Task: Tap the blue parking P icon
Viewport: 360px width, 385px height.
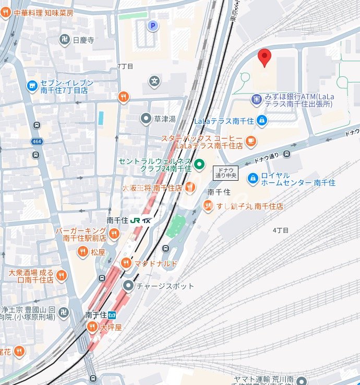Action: (152, 25)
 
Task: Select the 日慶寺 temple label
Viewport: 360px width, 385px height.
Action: (83, 40)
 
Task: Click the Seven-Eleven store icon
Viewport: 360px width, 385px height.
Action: (32, 85)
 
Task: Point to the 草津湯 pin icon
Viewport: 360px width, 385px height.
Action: (146, 119)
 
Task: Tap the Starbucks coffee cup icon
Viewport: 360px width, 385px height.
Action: (251, 141)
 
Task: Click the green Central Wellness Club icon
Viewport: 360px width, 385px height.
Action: (199, 166)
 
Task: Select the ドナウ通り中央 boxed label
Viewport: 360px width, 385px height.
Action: (225, 173)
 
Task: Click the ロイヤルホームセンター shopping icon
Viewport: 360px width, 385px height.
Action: (253, 179)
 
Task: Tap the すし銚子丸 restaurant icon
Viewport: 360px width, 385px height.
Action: (208, 206)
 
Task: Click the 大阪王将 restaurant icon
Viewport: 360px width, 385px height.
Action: (190, 187)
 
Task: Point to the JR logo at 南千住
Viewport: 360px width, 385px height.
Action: (135, 220)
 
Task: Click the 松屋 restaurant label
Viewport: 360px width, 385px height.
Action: (98, 252)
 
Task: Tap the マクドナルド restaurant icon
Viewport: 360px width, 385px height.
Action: (126, 263)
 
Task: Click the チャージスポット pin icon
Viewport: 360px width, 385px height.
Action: (128, 286)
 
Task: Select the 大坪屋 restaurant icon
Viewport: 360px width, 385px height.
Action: (92, 327)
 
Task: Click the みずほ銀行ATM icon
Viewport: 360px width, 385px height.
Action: (256, 99)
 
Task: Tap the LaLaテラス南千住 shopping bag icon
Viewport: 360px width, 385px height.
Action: (261, 121)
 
